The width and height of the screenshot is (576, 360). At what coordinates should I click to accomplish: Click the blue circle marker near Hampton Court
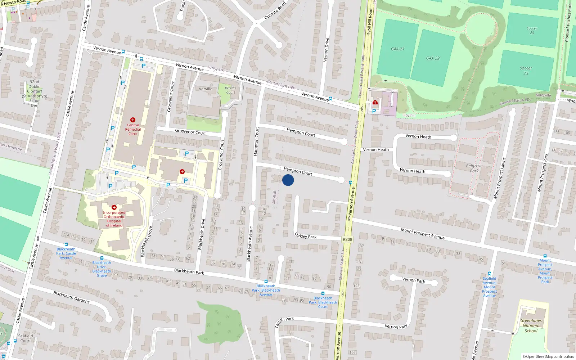[288, 180]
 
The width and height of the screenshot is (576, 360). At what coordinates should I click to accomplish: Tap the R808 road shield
[347, 239]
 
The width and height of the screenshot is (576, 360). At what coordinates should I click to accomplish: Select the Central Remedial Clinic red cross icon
[133, 120]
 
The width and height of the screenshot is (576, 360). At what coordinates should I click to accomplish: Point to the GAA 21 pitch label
[397, 49]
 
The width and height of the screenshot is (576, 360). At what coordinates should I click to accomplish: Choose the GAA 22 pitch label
[433, 58]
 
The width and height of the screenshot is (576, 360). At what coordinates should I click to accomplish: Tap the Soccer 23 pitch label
[526, 71]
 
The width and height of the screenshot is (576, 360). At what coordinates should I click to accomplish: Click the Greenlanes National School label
[531, 325]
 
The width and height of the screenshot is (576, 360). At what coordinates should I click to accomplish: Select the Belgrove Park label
[474, 168]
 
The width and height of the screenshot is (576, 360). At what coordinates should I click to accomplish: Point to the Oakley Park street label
[306, 236]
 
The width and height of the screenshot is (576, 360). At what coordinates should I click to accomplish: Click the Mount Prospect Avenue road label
[423, 234]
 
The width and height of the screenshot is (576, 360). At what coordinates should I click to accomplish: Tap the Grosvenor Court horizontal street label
[190, 132]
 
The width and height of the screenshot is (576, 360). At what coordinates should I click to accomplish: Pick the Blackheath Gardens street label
[71, 297]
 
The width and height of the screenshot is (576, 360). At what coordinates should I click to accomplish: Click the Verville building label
[206, 89]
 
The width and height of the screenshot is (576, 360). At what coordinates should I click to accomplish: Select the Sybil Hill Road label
[369, 22]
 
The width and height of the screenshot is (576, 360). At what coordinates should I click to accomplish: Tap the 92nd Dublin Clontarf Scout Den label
[35, 94]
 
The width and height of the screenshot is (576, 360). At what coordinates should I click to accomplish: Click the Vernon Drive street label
[327, 50]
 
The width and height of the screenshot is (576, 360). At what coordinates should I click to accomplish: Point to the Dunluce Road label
[275, 11]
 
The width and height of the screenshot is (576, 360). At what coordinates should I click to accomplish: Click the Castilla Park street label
[285, 322]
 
